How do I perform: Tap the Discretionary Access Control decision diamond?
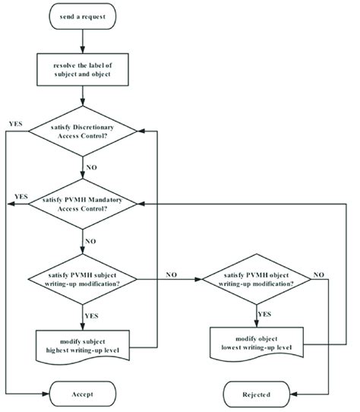pos(83,133)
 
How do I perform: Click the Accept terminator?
pos(83,395)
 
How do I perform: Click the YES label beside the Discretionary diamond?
pos(14,122)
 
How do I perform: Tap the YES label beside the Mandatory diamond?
pos(21,196)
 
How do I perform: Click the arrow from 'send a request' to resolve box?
pos(83,42)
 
